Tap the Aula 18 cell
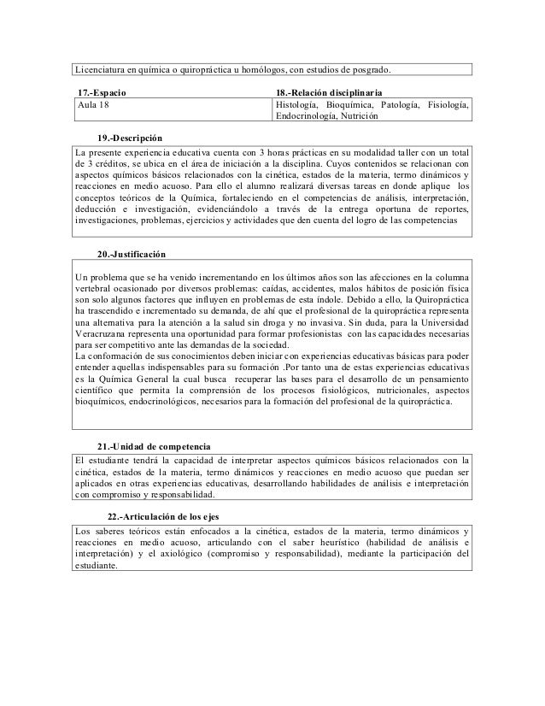(94, 104)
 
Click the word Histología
(298, 104)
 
